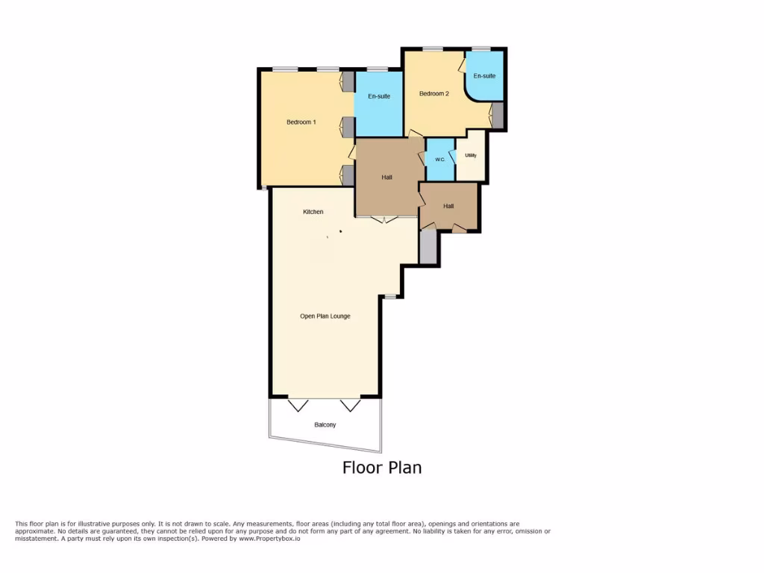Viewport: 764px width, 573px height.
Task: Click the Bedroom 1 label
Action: pyautogui.click(x=301, y=122)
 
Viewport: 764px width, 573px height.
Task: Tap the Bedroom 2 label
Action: pyautogui.click(x=433, y=93)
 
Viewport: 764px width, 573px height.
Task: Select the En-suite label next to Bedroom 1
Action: pyautogui.click(x=379, y=96)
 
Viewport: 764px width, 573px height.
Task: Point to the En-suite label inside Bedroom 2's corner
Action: pyautogui.click(x=484, y=75)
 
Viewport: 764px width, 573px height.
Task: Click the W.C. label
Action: pyautogui.click(x=440, y=160)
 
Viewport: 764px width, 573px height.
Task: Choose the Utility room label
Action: pyautogui.click(x=470, y=155)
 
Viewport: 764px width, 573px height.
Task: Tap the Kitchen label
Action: pyautogui.click(x=313, y=212)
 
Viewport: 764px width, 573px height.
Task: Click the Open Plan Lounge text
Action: pyautogui.click(x=325, y=316)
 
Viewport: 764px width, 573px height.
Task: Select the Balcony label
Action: pyautogui.click(x=325, y=425)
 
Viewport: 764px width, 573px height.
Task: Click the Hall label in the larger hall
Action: pyautogui.click(x=386, y=177)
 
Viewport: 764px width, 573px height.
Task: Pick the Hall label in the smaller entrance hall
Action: pyautogui.click(x=448, y=206)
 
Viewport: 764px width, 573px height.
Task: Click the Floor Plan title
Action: pyautogui.click(x=381, y=468)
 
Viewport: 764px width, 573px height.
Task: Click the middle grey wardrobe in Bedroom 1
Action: pyautogui.click(x=348, y=128)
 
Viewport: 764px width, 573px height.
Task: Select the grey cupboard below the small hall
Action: pyautogui.click(x=428, y=246)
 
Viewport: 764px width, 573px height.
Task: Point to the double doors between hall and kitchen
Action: pyautogui.click(x=385, y=219)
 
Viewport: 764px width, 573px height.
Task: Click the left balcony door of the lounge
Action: pyautogui.click(x=298, y=405)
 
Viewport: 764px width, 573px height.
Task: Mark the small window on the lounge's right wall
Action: pyautogui.click(x=390, y=297)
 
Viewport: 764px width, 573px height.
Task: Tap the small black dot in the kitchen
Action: pyautogui.click(x=341, y=232)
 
